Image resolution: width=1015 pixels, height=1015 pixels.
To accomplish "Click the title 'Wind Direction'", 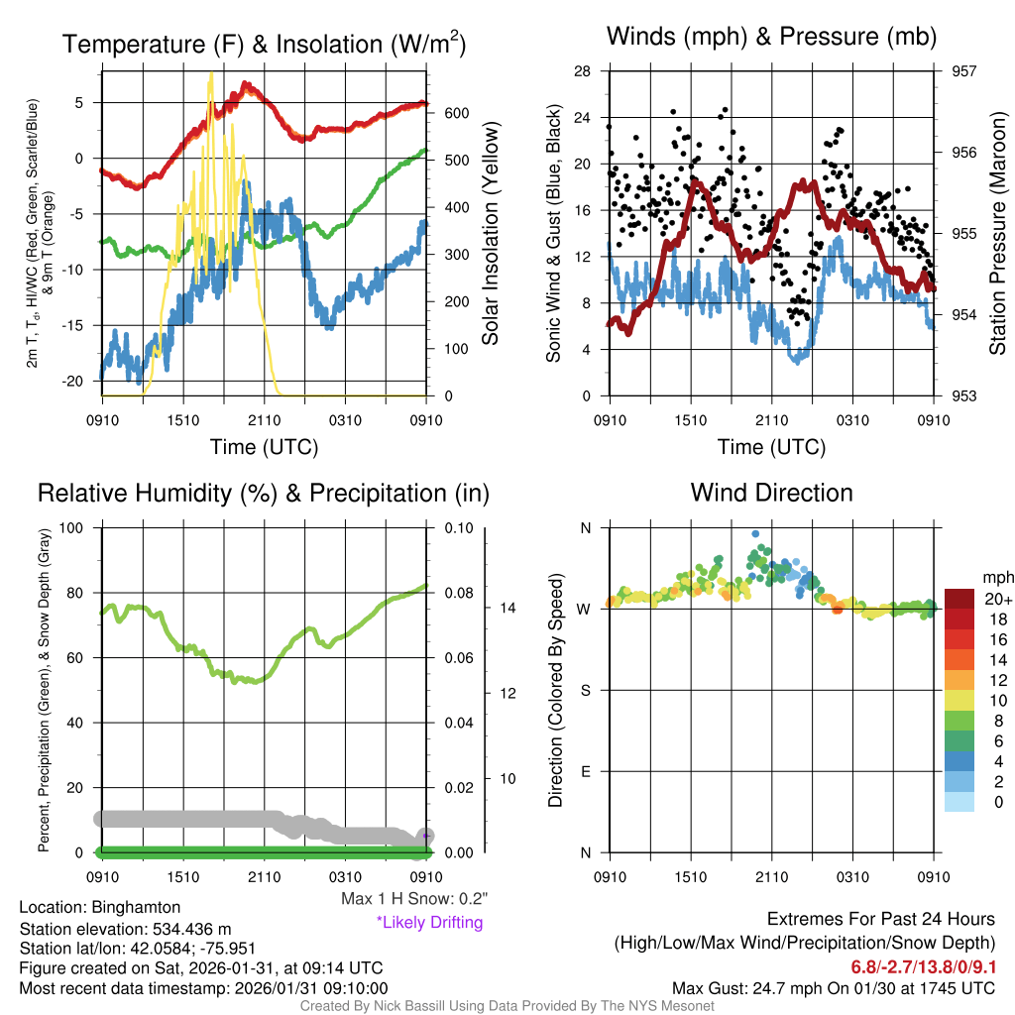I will [771, 493].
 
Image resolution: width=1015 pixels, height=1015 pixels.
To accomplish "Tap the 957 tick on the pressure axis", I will [965, 71].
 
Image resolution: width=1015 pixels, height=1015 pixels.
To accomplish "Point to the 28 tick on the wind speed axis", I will [583, 71].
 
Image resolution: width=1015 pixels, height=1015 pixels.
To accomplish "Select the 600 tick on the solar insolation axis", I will [455, 113].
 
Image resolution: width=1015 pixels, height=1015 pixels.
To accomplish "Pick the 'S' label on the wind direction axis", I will [585, 690].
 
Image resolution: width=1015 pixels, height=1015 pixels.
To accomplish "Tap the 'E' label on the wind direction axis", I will [585, 771].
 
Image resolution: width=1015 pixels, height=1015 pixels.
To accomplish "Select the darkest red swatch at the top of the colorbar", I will [959, 599].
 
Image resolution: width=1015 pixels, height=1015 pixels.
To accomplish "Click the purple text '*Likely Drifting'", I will [429, 922].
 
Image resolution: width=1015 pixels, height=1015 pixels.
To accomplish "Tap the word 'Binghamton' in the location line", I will [137, 907].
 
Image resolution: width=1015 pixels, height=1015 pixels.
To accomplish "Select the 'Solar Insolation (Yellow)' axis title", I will [491, 234].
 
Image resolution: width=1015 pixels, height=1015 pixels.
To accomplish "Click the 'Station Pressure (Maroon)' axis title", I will [998, 234].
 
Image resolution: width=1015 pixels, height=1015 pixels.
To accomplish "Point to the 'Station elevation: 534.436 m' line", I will [125, 929].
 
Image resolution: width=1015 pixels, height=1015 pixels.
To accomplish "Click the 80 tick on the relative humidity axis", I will [78, 593].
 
